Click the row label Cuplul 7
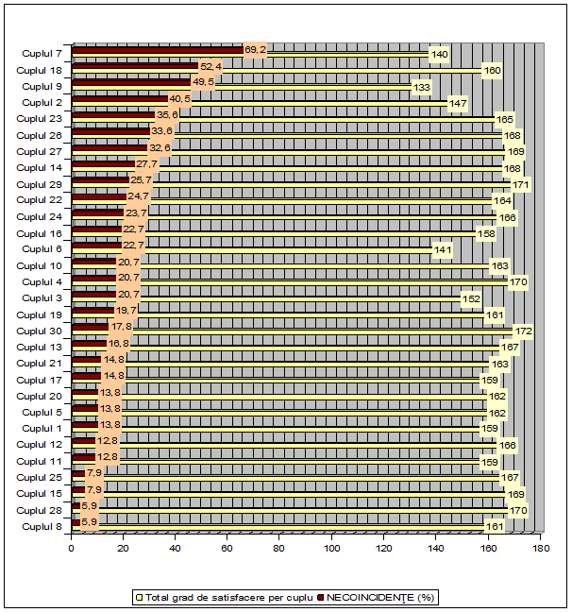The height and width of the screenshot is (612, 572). click(42, 54)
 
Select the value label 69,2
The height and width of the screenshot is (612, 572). click(255, 49)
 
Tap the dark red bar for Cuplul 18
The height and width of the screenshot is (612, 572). click(135, 66)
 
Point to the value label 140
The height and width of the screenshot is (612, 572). click(439, 55)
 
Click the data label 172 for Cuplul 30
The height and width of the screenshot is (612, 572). click(524, 331)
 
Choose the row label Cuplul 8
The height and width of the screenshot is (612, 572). click(42, 526)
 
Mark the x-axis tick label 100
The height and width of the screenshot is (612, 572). click(331, 547)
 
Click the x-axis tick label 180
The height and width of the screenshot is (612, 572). click(540, 547)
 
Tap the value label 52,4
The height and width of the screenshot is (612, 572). click(210, 66)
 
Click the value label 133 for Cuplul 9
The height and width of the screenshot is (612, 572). click(422, 88)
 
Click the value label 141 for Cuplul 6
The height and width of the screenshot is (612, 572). click(443, 250)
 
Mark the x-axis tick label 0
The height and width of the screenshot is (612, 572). click(71, 547)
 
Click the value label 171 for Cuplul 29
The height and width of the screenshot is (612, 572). click(520, 184)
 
